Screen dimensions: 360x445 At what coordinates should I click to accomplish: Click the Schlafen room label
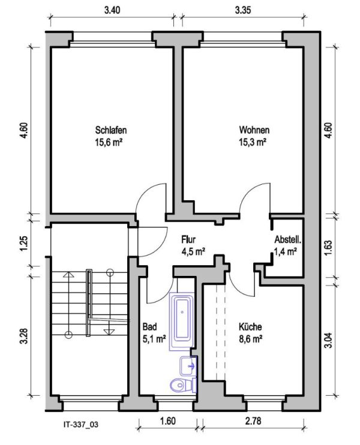[111, 130]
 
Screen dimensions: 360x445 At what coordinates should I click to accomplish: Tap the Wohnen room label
[254, 130]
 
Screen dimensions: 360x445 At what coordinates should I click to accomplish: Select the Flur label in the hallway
[188, 239]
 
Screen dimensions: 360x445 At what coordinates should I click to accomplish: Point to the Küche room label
[250, 327]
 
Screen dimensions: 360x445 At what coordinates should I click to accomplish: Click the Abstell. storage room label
[288, 239]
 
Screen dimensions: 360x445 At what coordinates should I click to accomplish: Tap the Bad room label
[149, 327]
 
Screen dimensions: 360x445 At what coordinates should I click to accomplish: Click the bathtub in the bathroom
[182, 321]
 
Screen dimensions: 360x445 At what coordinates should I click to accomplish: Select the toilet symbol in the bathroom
[183, 385]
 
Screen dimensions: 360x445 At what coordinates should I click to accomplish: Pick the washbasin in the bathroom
[188, 366]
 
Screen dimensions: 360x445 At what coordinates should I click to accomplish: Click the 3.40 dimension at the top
[112, 10]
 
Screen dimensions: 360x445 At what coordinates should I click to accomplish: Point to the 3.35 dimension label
[243, 10]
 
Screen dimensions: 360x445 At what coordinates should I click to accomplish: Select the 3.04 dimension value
[328, 340]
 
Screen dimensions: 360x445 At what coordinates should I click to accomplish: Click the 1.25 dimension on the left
[25, 243]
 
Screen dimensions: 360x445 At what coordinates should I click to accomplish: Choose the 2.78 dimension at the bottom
[253, 420]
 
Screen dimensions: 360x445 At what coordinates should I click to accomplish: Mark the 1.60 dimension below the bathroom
[168, 420]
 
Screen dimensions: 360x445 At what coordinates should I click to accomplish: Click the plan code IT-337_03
[81, 425]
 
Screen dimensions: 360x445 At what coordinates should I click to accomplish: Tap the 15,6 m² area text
[109, 142]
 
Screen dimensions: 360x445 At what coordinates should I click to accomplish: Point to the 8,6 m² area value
[250, 339]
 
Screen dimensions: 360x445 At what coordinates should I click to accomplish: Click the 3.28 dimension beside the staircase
[25, 336]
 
